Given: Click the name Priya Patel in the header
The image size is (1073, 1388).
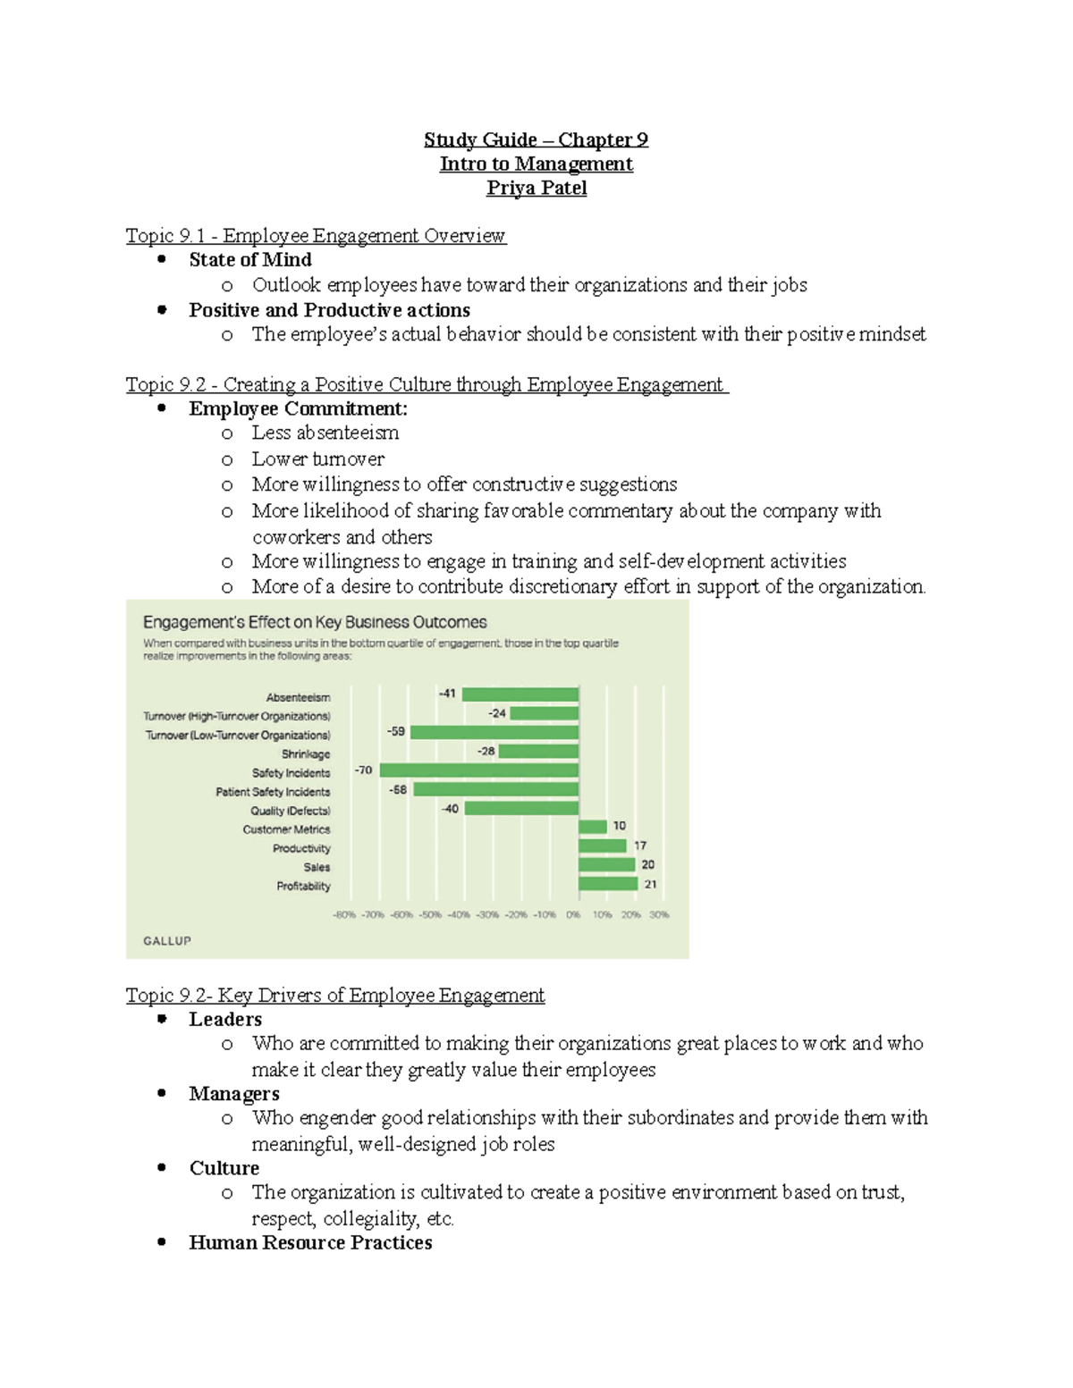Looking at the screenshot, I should [536, 188].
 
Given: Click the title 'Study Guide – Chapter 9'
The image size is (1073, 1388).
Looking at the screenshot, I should [536, 139].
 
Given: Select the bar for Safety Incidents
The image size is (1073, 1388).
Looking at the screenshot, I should [478, 770].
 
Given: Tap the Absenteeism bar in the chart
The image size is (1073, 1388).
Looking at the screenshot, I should [520, 694].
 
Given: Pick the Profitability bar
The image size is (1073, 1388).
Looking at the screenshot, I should [608, 884].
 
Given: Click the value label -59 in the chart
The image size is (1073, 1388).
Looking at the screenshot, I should [395, 731].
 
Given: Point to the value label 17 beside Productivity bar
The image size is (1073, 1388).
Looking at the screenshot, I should [640, 845].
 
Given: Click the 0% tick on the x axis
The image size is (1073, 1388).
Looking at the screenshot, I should [573, 915].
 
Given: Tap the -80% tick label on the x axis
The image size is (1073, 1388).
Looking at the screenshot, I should [344, 915].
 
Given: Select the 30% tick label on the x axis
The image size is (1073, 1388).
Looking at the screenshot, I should [659, 915].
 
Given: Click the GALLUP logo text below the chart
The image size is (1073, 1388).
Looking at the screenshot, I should [167, 941].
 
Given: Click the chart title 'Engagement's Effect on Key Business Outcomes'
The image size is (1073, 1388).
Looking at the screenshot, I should [315, 622].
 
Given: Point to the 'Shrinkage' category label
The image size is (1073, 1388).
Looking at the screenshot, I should [306, 754].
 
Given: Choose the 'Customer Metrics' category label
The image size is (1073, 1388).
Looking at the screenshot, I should [286, 829].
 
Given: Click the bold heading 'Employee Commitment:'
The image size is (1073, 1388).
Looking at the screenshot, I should [298, 409].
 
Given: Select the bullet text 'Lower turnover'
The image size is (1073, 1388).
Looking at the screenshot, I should [317, 459].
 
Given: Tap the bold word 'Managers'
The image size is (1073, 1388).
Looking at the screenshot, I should [234, 1094].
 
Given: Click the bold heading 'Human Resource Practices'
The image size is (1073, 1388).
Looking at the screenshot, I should [310, 1243].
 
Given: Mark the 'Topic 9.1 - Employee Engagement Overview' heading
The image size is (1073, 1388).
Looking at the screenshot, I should [316, 236].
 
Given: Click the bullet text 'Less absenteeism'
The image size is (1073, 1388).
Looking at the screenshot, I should [325, 433].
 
